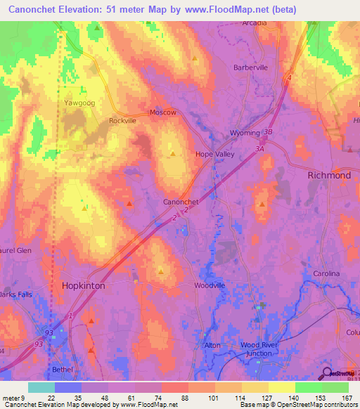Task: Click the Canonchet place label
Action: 181,201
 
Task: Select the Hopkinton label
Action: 84,287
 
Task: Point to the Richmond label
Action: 329,175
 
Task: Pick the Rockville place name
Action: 122,121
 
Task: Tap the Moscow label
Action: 163,112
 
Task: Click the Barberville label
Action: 251,68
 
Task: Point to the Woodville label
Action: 210,285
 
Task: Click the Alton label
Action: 212,345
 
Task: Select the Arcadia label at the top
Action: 255,22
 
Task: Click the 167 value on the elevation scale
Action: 346,398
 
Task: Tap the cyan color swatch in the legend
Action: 41,387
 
